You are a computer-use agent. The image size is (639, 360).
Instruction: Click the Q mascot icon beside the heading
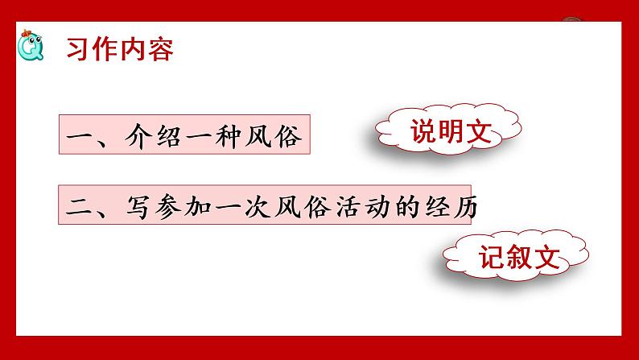click(32, 48)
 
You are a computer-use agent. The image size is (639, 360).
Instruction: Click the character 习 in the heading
click(80, 50)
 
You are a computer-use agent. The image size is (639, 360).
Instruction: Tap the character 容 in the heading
click(160, 50)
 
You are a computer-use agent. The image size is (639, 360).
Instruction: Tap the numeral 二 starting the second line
click(78, 207)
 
